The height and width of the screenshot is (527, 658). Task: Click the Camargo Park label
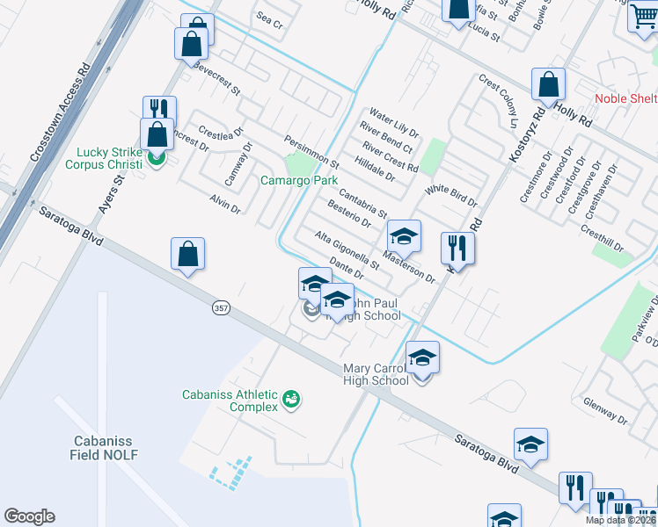[x=299, y=181]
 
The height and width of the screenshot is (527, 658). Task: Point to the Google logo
[x=29, y=516]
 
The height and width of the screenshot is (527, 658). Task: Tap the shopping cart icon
[x=643, y=17]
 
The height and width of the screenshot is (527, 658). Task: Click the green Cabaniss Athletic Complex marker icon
[x=291, y=401]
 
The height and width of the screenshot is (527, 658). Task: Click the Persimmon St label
[x=311, y=152]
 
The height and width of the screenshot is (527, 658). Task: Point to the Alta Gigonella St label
[x=347, y=250]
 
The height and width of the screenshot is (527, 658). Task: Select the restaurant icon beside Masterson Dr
[x=457, y=248]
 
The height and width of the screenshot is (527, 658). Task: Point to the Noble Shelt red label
[x=625, y=98]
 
